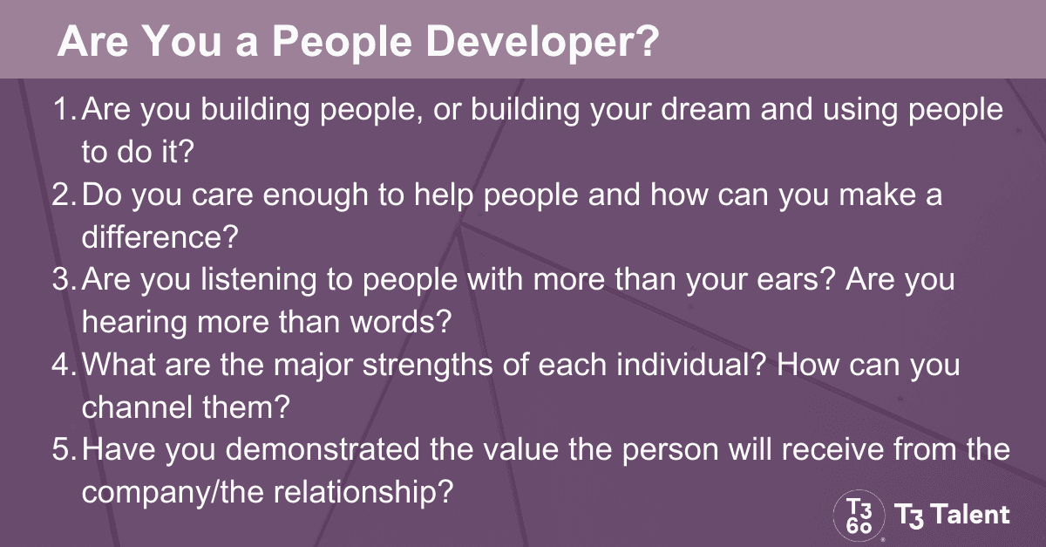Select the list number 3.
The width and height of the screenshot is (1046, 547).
coord(63,281)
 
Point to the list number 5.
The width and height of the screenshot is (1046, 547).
coord(63,451)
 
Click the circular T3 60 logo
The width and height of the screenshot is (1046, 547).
coord(859,514)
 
